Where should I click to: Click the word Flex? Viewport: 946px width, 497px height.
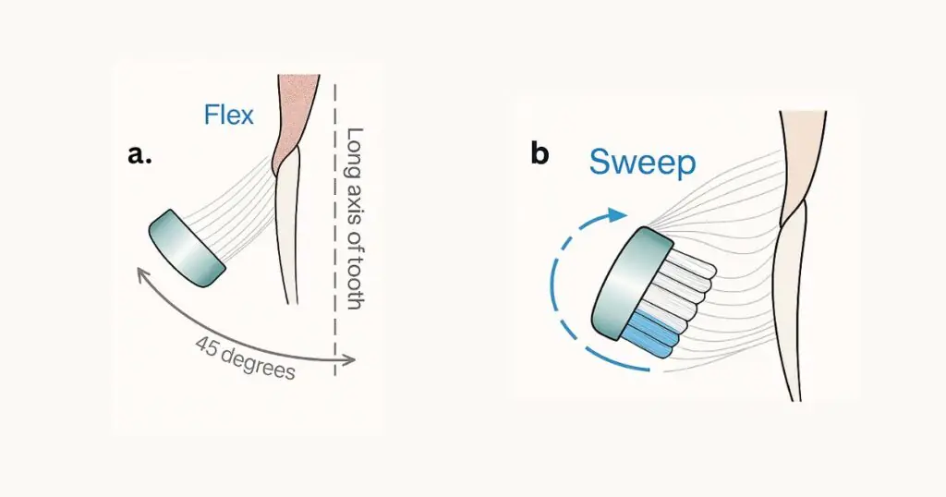click(x=228, y=115)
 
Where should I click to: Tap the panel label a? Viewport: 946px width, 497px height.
click(x=140, y=155)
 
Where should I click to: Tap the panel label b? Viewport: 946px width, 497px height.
click(x=540, y=153)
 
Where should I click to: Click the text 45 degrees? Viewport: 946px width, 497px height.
click(x=245, y=358)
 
